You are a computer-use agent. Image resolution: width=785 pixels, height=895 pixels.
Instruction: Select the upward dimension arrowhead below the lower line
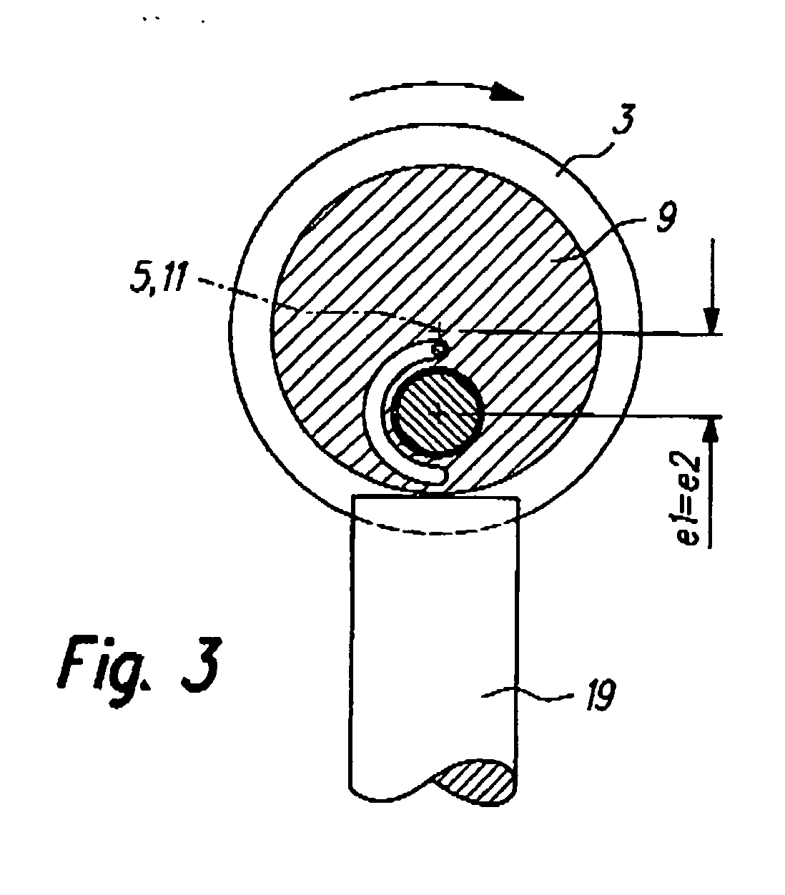712,432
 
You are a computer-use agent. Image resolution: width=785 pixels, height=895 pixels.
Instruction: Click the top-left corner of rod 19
353,498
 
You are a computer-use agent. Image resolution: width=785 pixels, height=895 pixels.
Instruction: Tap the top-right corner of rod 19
516,498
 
